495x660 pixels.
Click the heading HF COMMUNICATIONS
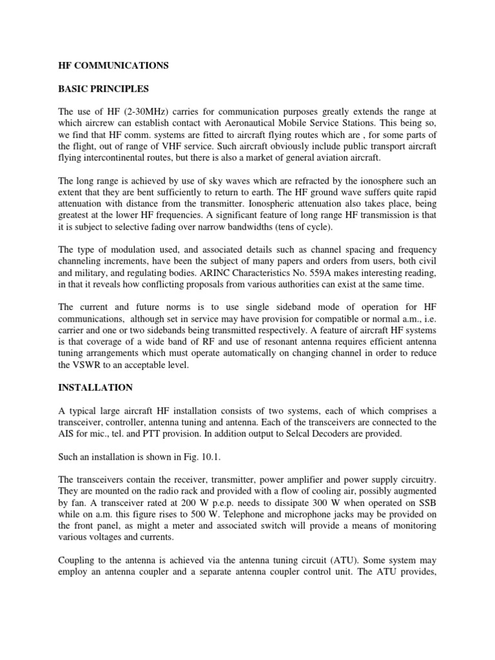pos(114,65)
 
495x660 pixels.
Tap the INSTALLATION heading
pos(95,387)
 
